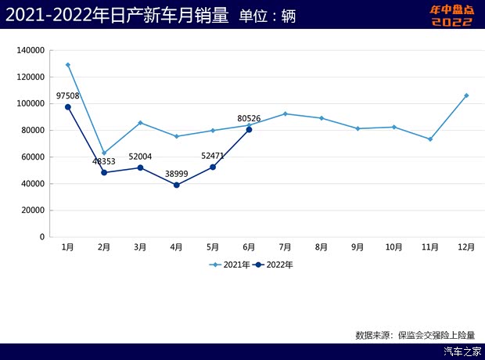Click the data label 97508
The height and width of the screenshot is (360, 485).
point(68,96)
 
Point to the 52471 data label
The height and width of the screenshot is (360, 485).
point(213,155)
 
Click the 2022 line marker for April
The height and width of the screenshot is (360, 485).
point(177,185)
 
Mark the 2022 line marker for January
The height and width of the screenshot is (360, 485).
point(68,107)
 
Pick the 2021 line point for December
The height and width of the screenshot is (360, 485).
point(466,95)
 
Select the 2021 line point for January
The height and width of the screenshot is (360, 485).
point(68,65)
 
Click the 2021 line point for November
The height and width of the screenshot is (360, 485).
point(430,139)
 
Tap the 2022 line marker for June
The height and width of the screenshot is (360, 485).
point(249,129)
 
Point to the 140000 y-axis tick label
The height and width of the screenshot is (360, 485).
point(29,50)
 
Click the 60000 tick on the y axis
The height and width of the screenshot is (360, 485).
point(31,157)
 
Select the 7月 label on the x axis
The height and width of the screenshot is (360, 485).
point(285,247)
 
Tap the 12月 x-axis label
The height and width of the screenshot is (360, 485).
point(466,247)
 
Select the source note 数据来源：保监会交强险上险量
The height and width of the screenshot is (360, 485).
point(420,334)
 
